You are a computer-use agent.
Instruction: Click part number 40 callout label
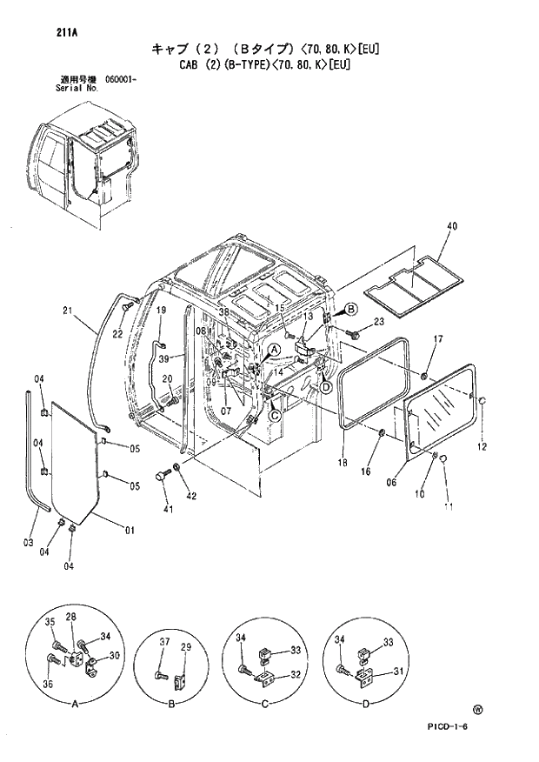coord(451,225)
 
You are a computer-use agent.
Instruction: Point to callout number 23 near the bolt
coord(378,323)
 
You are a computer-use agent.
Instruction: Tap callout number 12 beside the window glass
coord(482,447)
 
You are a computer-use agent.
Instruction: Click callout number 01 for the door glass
coord(130,530)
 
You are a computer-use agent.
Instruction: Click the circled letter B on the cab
coord(350,309)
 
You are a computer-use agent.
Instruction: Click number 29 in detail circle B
coord(186,647)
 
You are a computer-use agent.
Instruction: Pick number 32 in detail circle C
coord(296,673)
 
